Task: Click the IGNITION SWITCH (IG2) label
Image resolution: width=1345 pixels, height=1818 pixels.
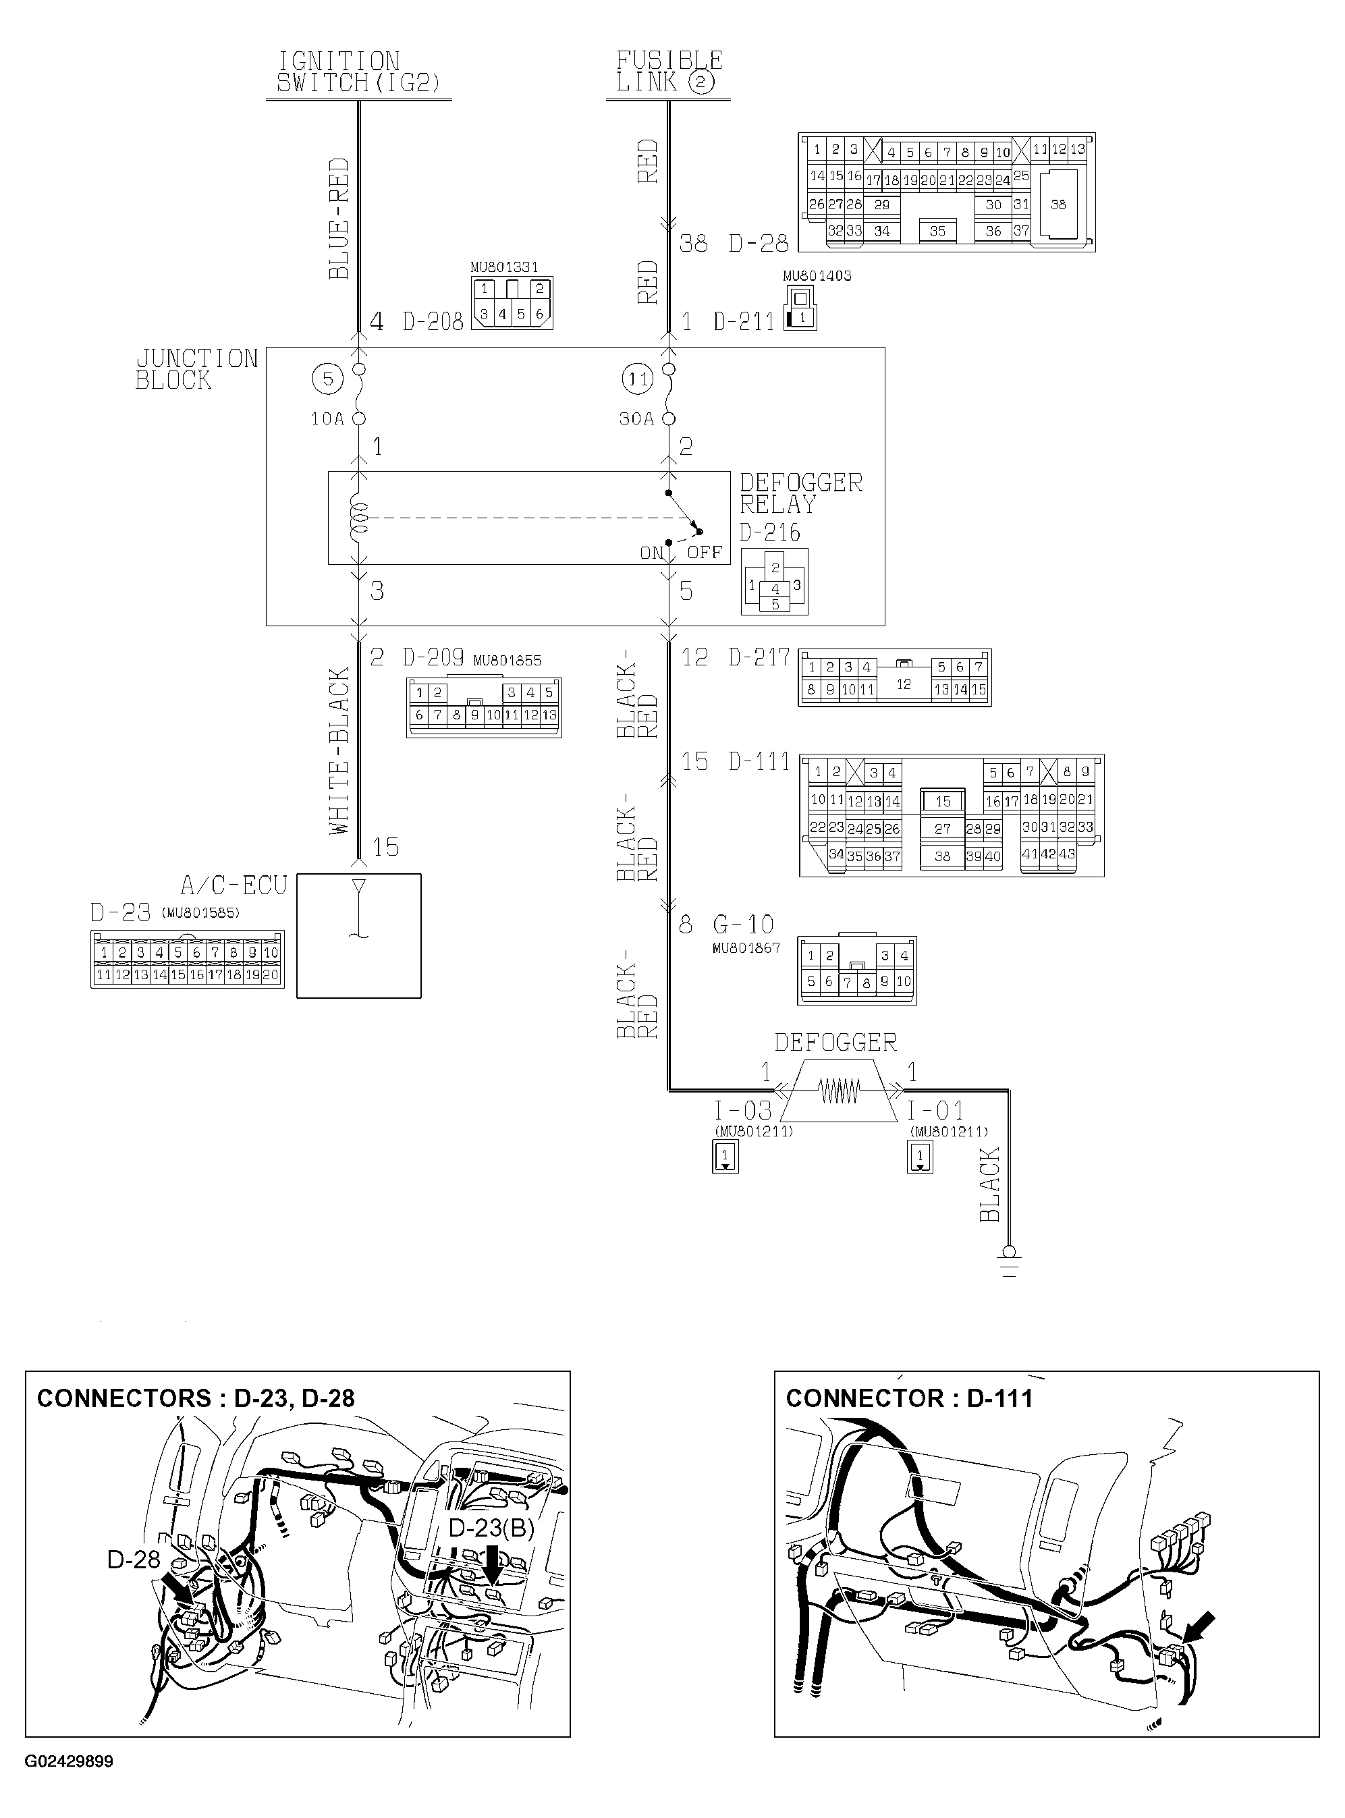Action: [x=358, y=72]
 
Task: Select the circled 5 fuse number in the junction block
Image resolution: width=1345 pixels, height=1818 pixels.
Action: [x=327, y=379]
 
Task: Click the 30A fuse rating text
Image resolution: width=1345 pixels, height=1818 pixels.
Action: [x=636, y=419]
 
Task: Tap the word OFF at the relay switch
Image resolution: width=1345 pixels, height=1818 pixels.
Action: [x=705, y=553]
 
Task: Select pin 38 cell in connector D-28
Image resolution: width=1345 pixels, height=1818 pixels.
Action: [x=1058, y=204]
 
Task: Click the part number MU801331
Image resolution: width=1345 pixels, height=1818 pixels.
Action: [x=504, y=267]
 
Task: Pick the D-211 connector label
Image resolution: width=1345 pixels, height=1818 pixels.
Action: [x=743, y=323]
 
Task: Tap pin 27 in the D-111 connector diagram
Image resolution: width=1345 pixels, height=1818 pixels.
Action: [x=942, y=829]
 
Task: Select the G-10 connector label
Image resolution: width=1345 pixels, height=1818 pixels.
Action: [x=742, y=925]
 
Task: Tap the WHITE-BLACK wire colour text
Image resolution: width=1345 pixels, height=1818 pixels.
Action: [x=339, y=750]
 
